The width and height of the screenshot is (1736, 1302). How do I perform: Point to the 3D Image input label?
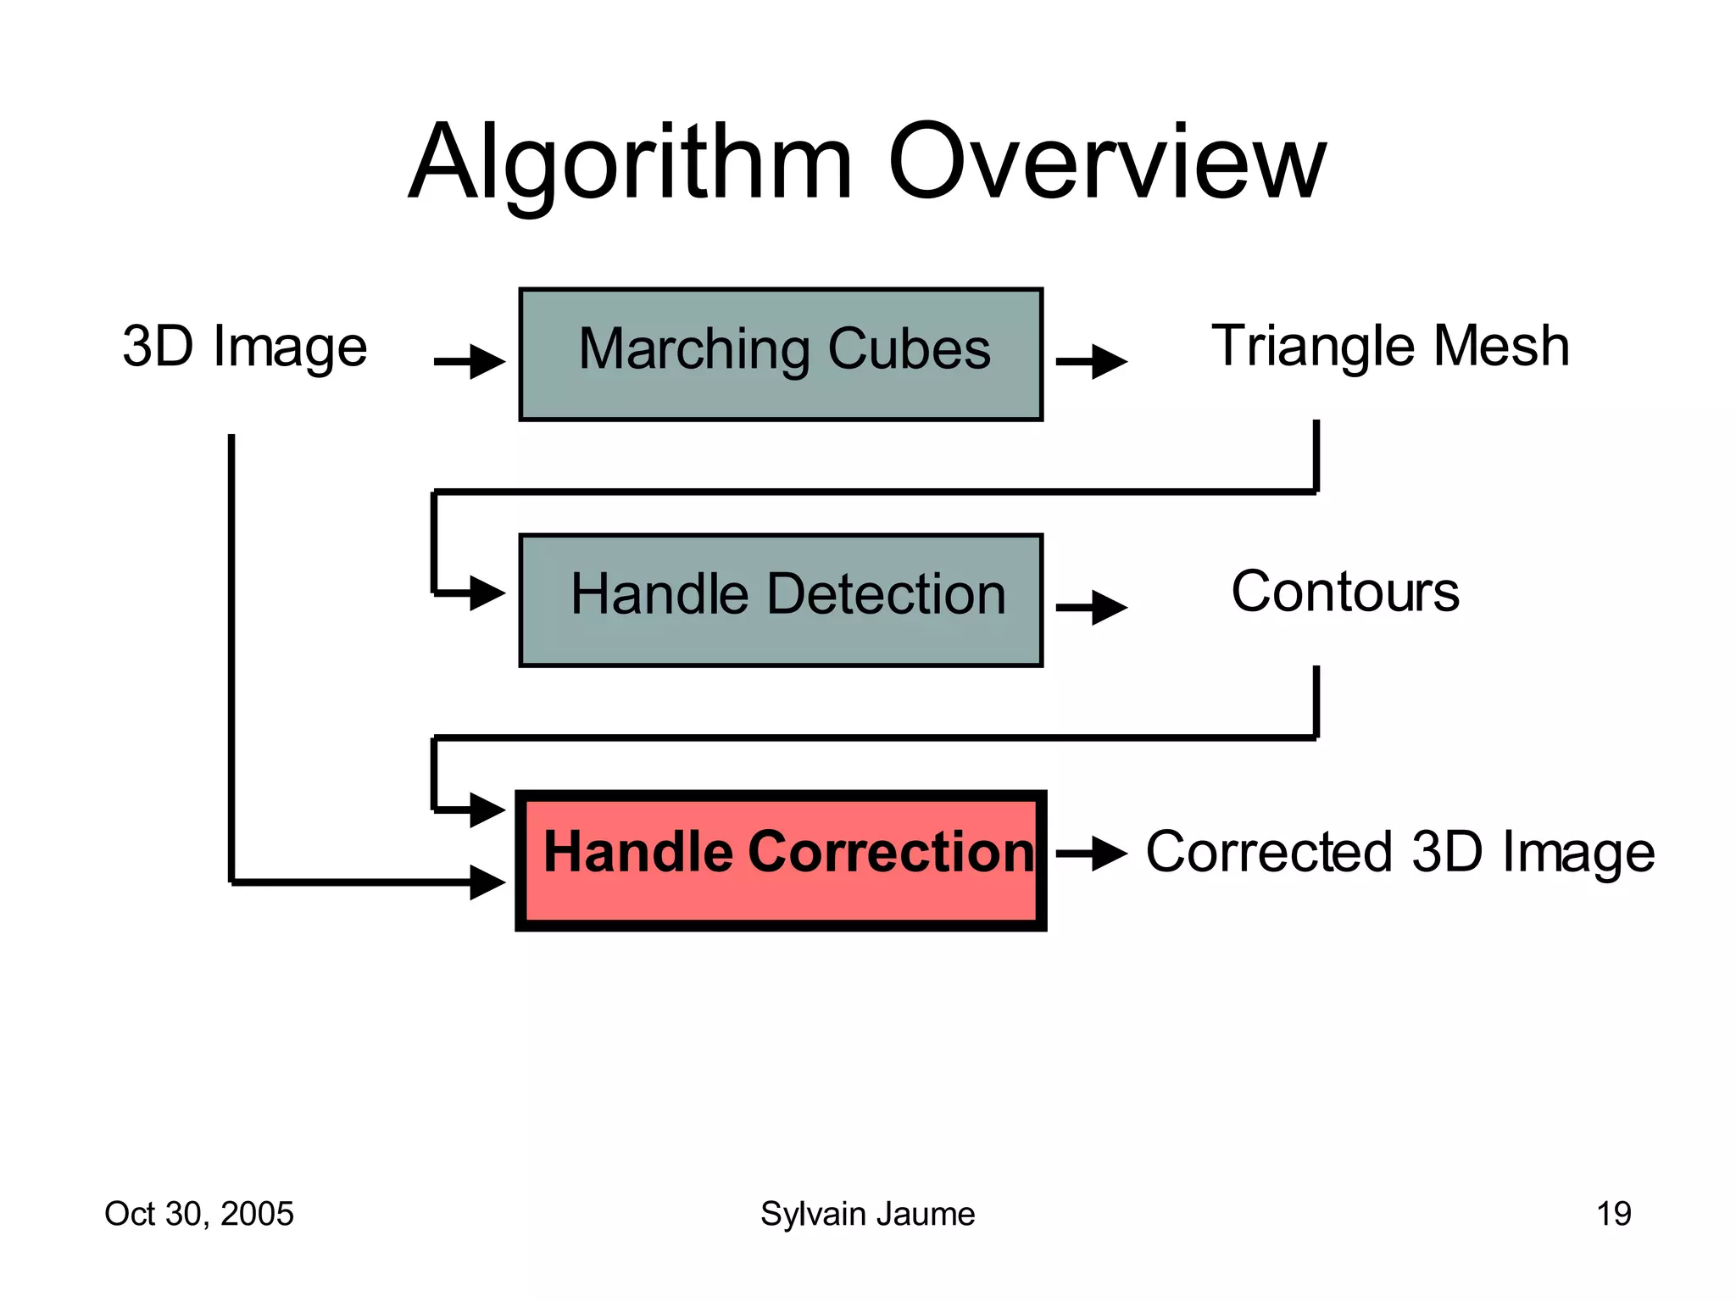pyautogui.click(x=245, y=347)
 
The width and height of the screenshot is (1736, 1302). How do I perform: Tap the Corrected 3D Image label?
pyautogui.click(x=1399, y=852)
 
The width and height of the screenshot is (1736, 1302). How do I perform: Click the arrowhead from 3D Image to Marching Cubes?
pyautogui.click(x=487, y=362)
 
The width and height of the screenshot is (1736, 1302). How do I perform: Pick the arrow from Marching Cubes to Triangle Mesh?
pyautogui.click(x=1092, y=362)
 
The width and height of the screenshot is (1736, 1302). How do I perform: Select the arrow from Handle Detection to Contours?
pyautogui.click(x=1092, y=608)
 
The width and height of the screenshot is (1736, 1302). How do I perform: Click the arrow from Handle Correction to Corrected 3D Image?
pyautogui.click(x=1092, y=854)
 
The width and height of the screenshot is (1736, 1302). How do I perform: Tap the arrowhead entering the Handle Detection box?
pyautogui.click(x=487, y=593)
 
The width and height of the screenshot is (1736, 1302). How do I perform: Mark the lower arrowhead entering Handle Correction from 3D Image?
pyautogui.click(x=487, y=882)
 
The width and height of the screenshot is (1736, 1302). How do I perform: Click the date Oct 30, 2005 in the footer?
pyautogui.click(x=199, y=1214)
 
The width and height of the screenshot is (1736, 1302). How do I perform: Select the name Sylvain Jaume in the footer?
pyautogui.click(x=867, y=1214)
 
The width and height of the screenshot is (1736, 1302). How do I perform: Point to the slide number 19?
pyautogui.click(x=1613, y=1214)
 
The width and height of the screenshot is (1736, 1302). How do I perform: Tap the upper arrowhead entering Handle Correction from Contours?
pyautogui.click(x=487, y=810)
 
